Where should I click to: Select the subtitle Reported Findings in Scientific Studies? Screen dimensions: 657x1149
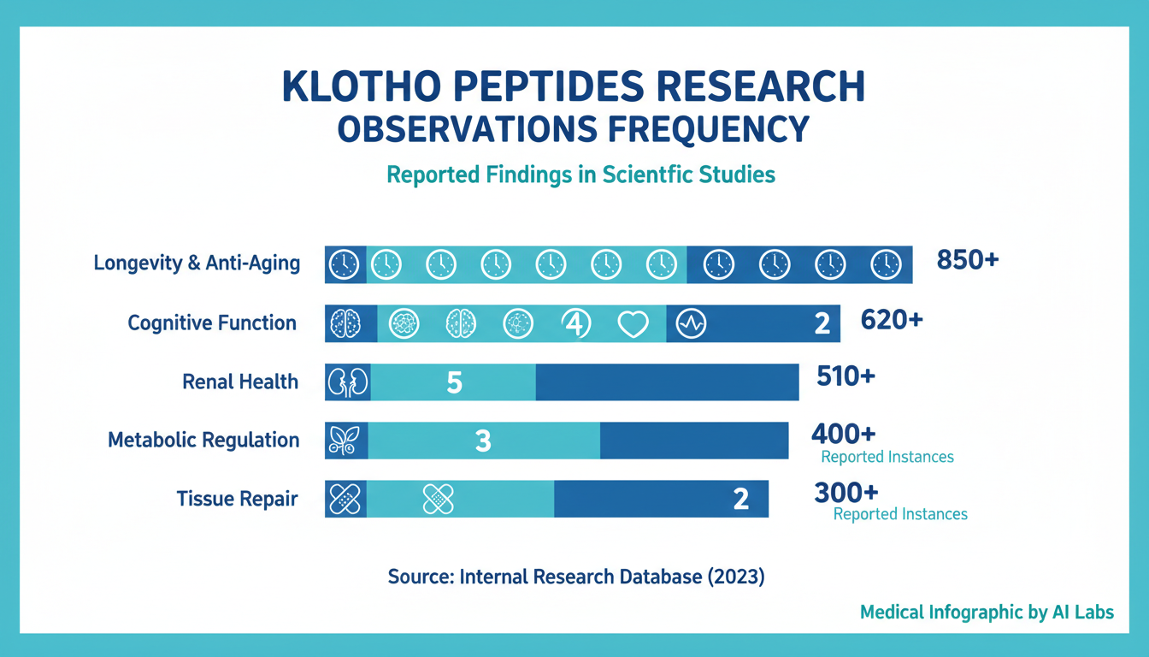580,175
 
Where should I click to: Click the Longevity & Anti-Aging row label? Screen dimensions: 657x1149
197,263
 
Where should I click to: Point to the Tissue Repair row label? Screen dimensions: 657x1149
237,499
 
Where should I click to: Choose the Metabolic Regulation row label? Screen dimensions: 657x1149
203,441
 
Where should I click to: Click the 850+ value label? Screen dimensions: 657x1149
968,260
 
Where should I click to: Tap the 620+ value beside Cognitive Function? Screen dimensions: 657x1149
892,320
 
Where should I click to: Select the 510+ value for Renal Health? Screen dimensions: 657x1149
846,376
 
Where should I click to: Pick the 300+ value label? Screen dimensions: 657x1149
846,493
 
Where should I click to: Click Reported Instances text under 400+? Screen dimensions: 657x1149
887,457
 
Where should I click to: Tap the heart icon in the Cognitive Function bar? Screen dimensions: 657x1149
633,323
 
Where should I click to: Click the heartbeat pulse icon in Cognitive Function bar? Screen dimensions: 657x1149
691,323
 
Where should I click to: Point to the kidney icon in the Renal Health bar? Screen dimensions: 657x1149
347,382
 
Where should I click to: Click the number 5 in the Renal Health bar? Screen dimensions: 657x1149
454,382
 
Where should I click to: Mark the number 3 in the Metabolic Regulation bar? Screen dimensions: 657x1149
483,441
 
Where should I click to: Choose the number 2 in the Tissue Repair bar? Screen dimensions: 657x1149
741,499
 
